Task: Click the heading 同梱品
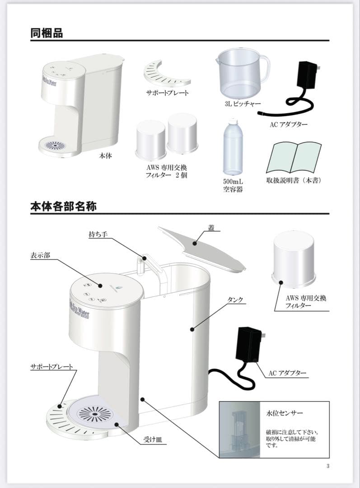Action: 47,33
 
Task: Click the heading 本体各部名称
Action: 63,206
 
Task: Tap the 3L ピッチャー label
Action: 243,104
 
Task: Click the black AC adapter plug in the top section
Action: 308,76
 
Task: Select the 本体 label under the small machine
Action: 105,156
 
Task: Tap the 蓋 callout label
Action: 211,229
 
